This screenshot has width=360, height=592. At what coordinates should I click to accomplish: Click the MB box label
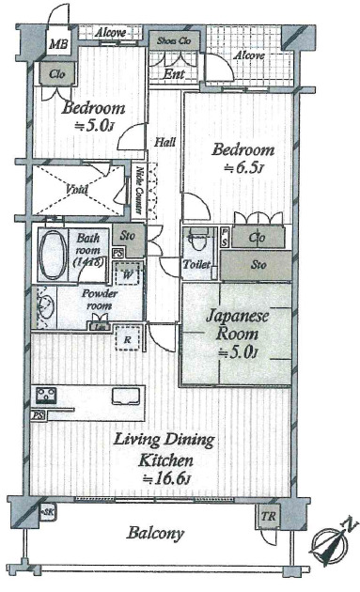click(58, 44)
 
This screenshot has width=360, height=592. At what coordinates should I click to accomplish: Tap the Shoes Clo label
click(173, 41)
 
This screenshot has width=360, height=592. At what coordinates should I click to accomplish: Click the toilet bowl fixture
click(196, 240)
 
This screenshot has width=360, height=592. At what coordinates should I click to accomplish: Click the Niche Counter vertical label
click(139, 189)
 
